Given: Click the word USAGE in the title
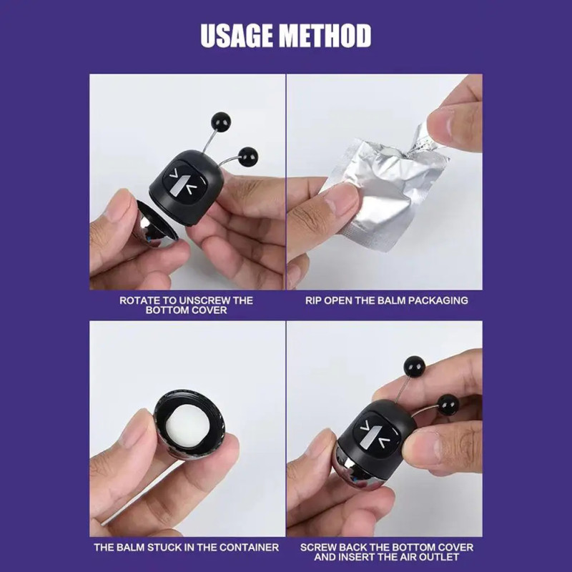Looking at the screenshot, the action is [x=237, y=36].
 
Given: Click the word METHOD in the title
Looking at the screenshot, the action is [x=325, y=36].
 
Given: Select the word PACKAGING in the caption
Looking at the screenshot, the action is [x=438, y=300].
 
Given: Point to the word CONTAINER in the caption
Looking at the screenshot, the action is [x=249, y=547].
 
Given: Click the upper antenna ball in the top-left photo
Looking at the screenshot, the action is [x=221, y=122].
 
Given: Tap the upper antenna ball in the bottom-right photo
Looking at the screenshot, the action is [x=415, y=365].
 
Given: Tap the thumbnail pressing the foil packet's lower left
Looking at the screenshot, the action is [x=338, y=199].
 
